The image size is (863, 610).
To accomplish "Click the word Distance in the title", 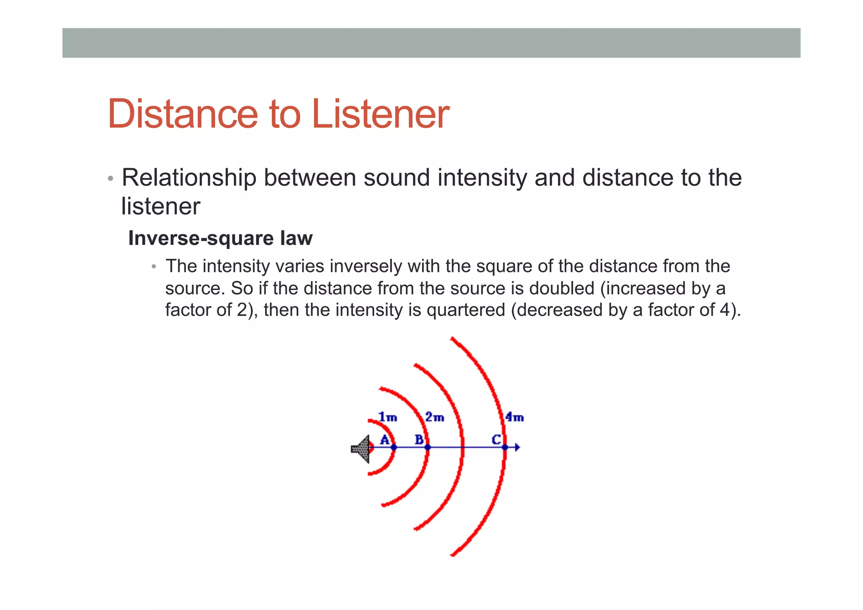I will [182, 114].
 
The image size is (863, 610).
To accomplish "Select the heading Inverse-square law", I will [220, 238].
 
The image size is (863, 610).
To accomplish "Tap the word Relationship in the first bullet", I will [189, 177].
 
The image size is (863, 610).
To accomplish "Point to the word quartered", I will [466, 310].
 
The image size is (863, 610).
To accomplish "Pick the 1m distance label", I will [388, 417].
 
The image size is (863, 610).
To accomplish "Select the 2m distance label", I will [434, 417].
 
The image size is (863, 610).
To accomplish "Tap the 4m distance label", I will [515, 417].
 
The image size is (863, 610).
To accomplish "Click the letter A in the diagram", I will [384, 440].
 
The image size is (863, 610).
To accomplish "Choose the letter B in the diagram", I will [419, 440].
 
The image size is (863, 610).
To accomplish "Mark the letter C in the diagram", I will [496, 440].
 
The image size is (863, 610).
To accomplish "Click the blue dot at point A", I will [394, 447].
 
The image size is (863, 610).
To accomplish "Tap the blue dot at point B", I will [427, 447].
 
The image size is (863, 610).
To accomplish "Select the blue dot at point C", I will [505, 447].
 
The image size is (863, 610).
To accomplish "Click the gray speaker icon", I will [361, 449].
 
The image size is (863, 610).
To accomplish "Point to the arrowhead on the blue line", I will [517, 447].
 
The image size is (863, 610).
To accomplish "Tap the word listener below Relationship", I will [161, 207].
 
